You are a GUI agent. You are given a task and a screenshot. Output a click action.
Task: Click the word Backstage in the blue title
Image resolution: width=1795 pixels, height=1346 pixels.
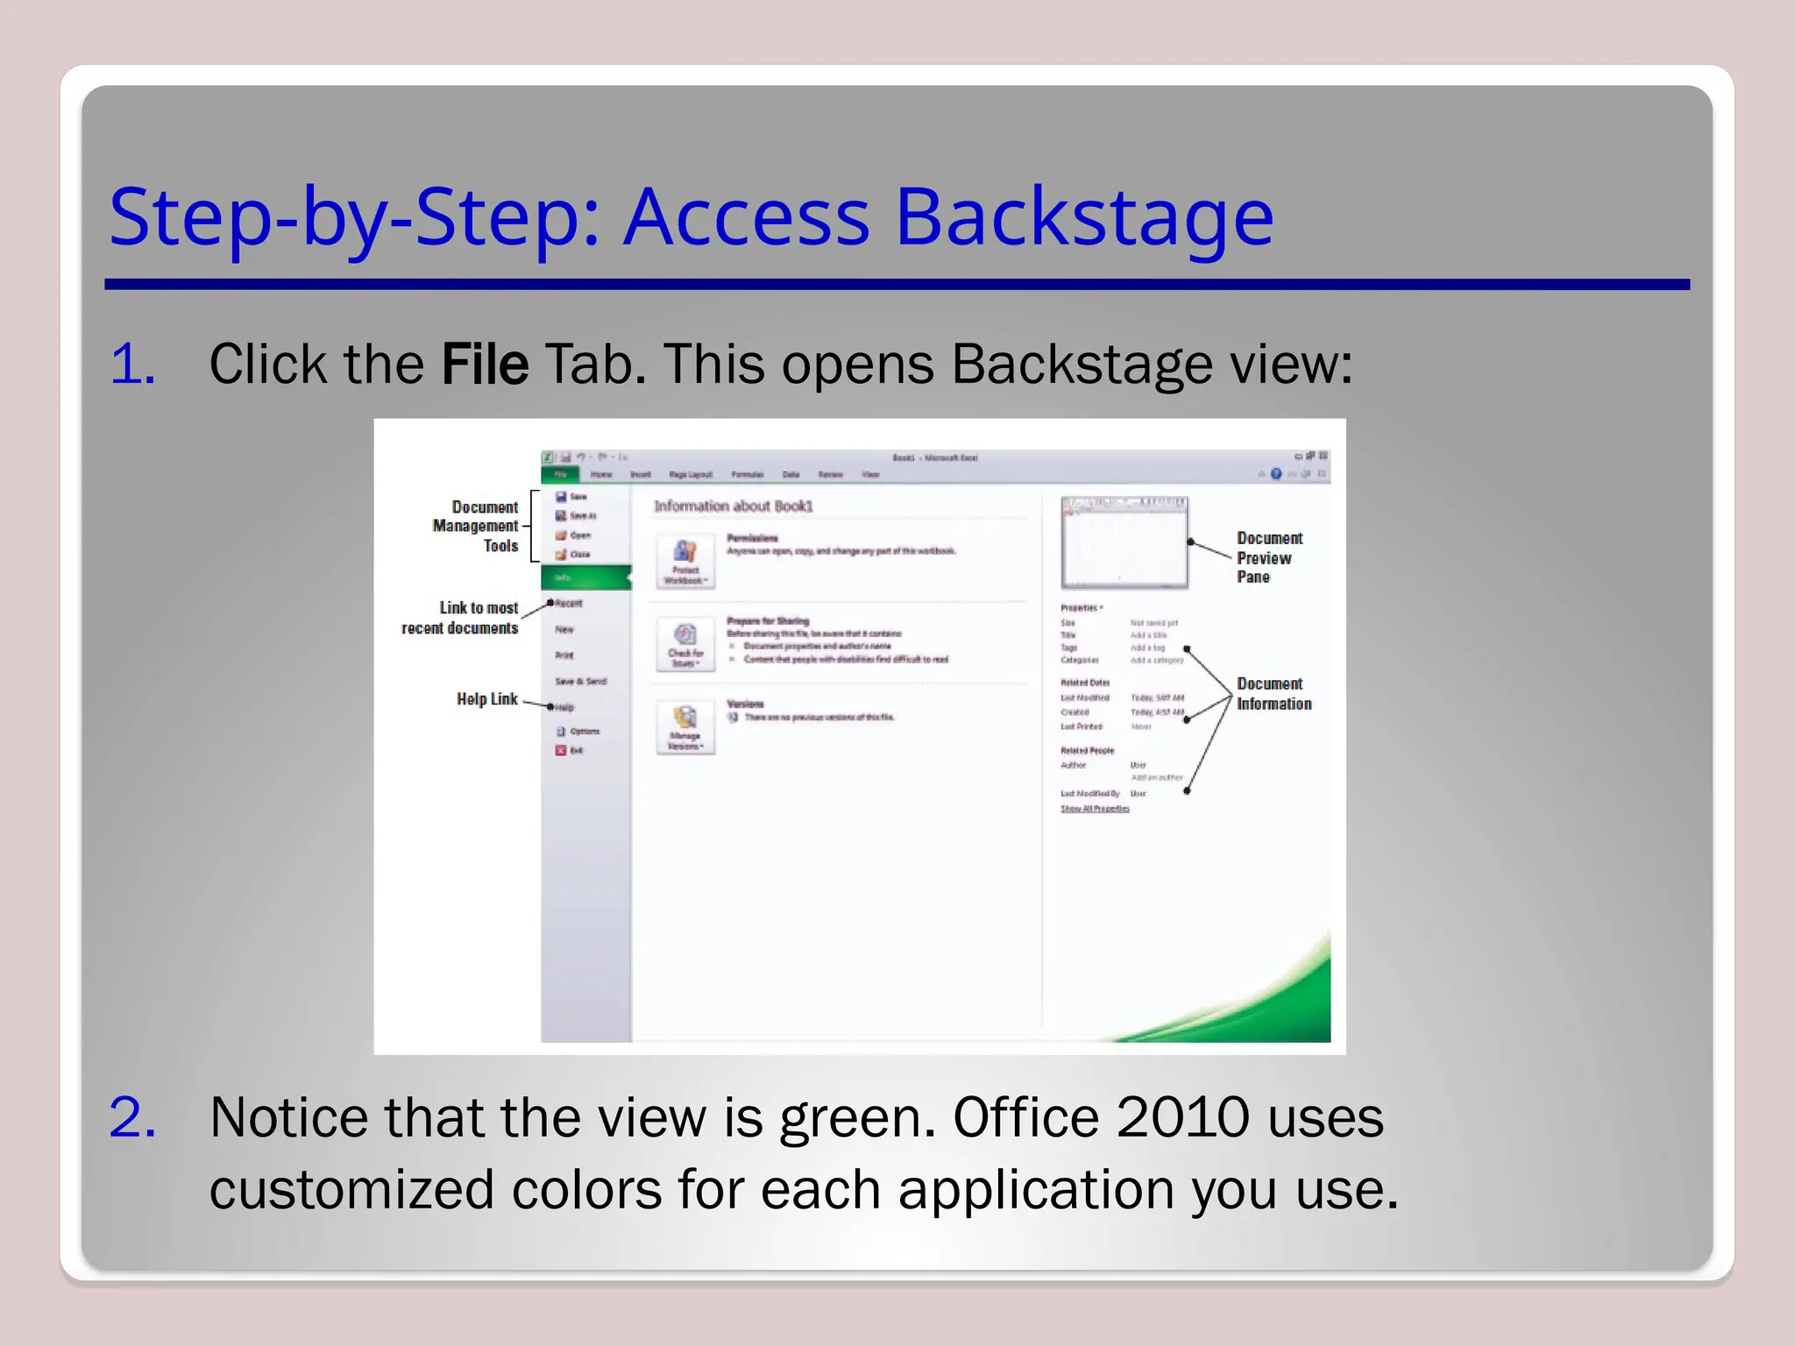(x=1084, y=217)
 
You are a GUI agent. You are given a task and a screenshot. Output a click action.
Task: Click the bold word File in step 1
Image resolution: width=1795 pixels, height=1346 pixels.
(x=485, y=364)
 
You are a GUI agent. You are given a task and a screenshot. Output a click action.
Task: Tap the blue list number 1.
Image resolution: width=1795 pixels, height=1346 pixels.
(x=132, y=364)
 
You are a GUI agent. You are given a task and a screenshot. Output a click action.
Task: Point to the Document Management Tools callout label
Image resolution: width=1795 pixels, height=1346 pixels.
(x=476, y=526)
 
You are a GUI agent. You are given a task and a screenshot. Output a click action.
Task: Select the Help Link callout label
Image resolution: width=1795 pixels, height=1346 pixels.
(x=486, y=698)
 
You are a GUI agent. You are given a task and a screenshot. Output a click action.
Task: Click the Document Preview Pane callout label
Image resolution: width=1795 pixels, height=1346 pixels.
(x=1268, y=557)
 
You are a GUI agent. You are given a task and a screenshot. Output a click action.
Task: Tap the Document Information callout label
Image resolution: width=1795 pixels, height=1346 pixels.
(x=1274, y=693)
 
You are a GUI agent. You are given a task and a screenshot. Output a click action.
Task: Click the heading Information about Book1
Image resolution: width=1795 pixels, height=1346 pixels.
(x=733, y=506)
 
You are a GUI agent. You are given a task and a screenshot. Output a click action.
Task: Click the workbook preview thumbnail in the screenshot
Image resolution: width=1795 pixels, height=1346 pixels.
(x=1124, y=542)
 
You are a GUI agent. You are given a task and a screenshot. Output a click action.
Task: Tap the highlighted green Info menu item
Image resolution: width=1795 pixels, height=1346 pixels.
(x=585, y=577)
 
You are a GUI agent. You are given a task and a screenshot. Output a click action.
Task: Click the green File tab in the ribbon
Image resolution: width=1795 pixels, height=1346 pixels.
(x=560, y=474)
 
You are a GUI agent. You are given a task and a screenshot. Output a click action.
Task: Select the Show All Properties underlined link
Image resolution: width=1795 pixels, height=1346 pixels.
(x=1095, y=809)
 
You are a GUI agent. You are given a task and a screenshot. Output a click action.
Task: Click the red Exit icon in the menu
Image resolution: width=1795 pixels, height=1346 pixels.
(x=561, y=750)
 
